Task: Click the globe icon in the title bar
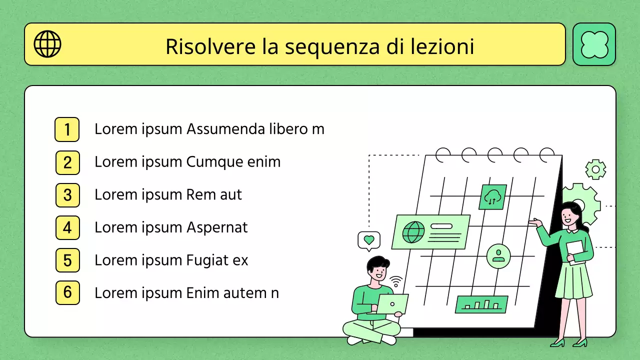(47, 44)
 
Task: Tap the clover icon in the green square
(594, 44)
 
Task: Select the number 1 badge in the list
(67, 129)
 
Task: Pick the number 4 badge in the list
(67, 228)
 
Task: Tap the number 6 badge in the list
(67, 293)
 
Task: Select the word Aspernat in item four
(217, 227)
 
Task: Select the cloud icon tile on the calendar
(493, 196)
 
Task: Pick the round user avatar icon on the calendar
(498, 256)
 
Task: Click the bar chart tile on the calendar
(481, 304)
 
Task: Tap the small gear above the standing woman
(595, 169)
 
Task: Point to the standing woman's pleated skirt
(573, 280)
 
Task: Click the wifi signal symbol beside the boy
(396, 282)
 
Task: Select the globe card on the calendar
(431, 231)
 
